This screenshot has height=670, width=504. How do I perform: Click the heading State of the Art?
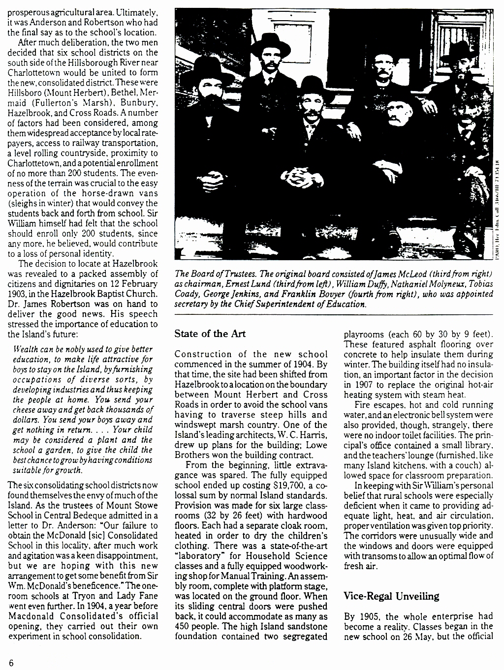click(x=210, y=333)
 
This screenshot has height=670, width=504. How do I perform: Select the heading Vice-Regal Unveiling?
click(x=391, y=596)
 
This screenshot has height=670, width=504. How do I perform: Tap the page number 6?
click(x=10, y=661)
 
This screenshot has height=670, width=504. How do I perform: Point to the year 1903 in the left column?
click(x=18, y=294)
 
